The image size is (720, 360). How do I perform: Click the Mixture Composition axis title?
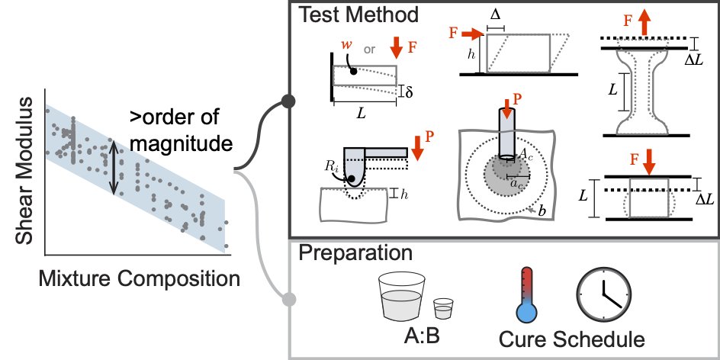tap(139, 278)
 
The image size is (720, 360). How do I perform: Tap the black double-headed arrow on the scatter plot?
tap(114, 167)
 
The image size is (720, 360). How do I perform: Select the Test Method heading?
tap(358, 14)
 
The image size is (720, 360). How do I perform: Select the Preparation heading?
tap(355, 254)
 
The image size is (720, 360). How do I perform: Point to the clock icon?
tap(604, 294)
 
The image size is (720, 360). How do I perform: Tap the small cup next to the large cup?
tap(443, 309)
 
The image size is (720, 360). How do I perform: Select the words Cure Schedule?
tap(572, 339)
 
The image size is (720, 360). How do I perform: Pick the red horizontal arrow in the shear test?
tap(472, 33)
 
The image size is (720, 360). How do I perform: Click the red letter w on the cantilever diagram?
tap(347, 45)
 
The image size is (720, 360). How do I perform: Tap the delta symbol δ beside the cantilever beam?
tap(409, 91)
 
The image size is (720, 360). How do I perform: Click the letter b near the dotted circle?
tap(542, 212)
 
